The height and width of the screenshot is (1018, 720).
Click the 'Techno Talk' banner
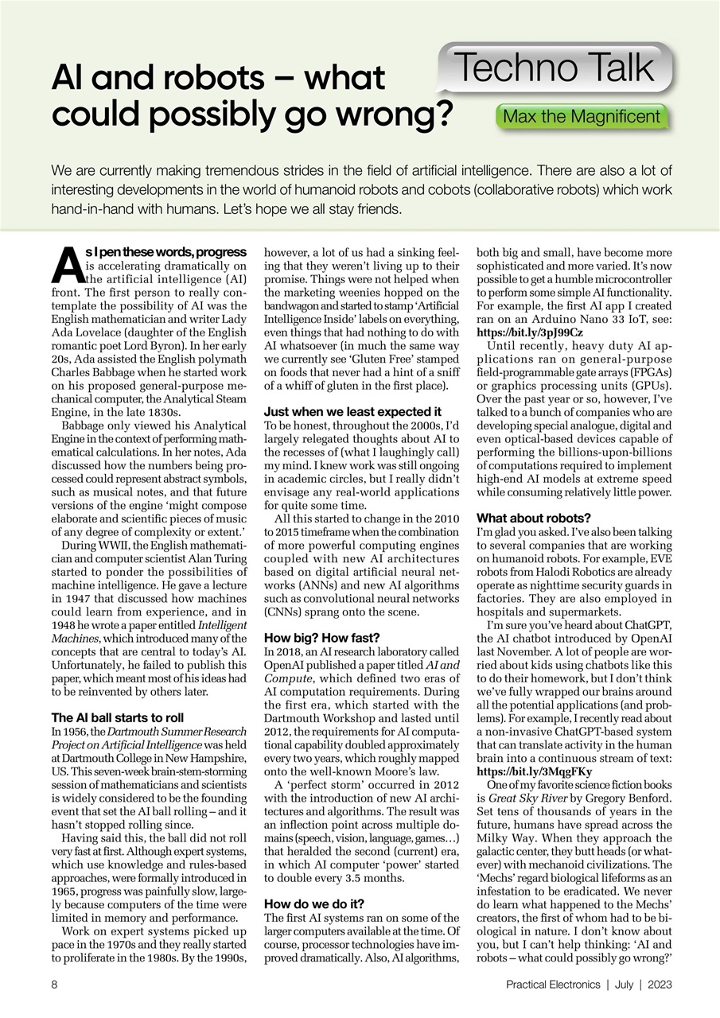click(x=555, y=68)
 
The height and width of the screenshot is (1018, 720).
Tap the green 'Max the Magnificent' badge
click(x=581, y=117)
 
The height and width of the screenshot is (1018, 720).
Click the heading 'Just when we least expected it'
click(x=352, y=411)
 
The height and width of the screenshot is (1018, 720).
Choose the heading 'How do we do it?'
click(x=314, y=903)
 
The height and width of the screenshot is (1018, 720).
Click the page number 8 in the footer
click(x=54, y=984)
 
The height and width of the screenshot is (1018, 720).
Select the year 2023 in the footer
click(x=660, y=984)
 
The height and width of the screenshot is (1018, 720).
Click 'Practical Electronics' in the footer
click(x=552, y=984)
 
